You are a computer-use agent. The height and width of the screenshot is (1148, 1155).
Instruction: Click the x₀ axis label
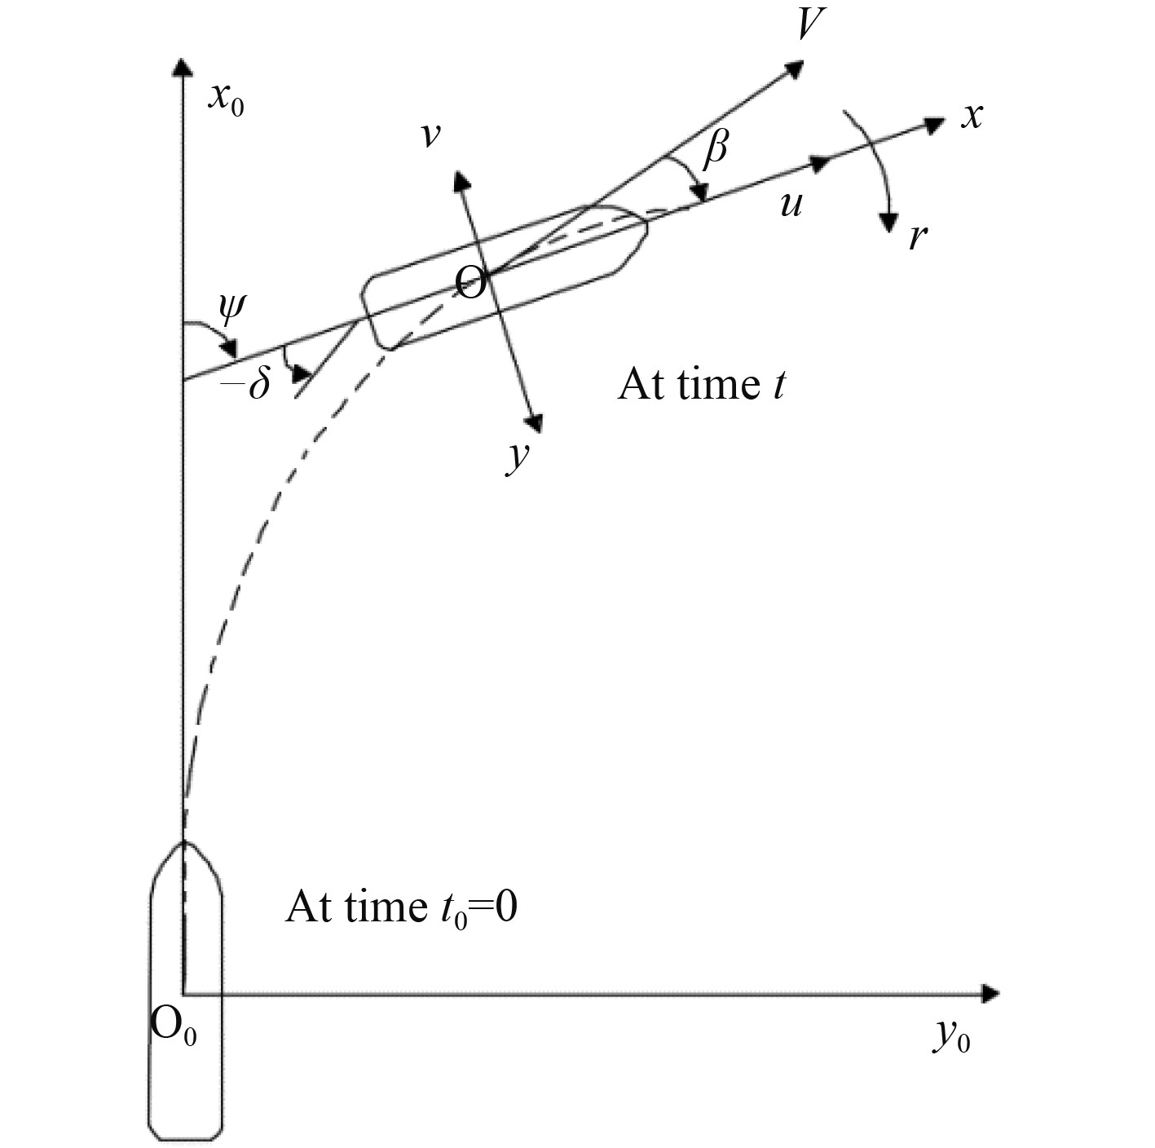point(225,99)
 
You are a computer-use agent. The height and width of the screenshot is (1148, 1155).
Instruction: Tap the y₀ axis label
point(951,1037)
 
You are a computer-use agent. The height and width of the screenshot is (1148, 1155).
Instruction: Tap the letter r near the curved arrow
point(918,236)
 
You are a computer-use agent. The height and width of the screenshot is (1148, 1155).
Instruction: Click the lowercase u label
point(790,204)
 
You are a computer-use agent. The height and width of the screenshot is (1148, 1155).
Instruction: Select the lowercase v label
point(430,135)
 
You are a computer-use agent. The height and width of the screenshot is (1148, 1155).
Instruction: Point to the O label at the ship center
point(470,284)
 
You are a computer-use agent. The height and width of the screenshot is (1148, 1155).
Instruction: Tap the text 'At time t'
point(701,384)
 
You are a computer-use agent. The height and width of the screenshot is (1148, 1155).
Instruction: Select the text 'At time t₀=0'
point(401,907)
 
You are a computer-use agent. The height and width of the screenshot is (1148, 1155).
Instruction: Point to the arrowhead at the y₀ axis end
point(990,993)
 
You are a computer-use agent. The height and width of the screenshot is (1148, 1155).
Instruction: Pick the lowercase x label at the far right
point(971,117)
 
